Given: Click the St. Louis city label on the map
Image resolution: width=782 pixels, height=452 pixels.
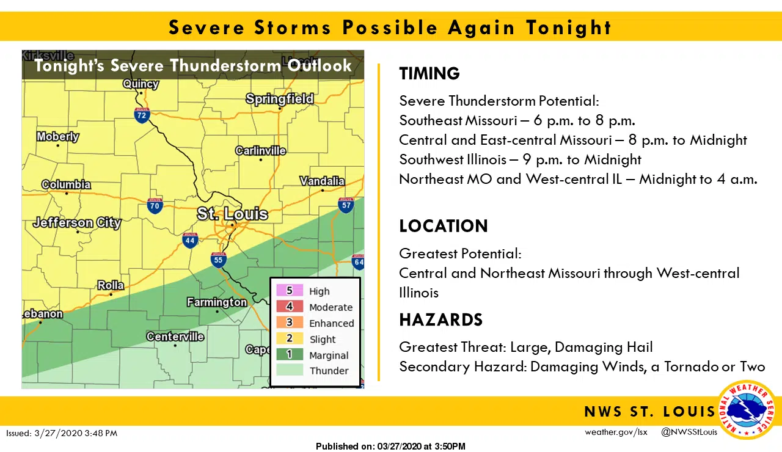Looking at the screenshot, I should (232, 214).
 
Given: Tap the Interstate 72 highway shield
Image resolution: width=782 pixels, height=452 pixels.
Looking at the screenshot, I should (142, 114).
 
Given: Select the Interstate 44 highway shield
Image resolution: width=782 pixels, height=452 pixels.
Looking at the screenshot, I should (190, 241).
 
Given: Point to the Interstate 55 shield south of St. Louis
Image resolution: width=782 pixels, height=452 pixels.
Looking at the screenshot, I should (219, 260).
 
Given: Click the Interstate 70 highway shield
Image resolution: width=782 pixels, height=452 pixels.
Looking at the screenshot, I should (155, 206).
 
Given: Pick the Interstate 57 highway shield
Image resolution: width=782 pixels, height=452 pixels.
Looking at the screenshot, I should (346, 205).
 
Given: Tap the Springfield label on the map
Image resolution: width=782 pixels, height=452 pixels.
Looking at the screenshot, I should (280, 99).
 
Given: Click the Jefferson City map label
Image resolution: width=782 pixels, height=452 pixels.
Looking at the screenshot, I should (77, 222).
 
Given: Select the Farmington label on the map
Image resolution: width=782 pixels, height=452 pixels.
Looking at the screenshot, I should (217, 302).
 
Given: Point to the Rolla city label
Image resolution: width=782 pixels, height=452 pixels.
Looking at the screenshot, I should (111, 285).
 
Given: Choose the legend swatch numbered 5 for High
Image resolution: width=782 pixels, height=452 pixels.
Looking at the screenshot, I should (289, 291).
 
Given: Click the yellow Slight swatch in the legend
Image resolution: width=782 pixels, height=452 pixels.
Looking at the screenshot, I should (289, 339).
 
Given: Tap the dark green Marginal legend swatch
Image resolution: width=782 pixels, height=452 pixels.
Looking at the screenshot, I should (289, 355).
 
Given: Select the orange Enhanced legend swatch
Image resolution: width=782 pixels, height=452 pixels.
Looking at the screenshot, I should (289, 323).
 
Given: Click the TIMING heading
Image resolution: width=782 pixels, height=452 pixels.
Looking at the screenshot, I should (429, 74).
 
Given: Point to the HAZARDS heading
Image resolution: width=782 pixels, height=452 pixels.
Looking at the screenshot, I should (440, 319).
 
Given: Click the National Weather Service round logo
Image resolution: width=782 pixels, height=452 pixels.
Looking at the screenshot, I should (746, 409).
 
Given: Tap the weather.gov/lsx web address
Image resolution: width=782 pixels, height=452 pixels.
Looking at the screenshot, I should (616, 432).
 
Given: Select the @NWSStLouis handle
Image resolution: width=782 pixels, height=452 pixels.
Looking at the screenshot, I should (689, 432).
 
